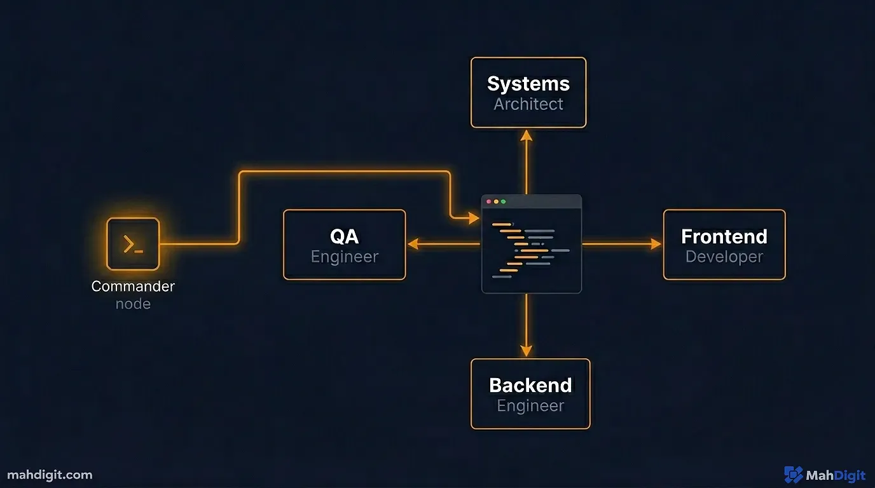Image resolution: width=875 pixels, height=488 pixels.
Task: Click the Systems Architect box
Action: tap(528, 93)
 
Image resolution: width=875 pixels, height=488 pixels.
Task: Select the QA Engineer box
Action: tap(344, 245)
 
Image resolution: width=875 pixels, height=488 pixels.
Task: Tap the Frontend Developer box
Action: tap(724, 245)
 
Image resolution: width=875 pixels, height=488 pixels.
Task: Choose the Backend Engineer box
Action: tap(530, 394)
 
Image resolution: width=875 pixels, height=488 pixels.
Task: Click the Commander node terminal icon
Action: tap(133, 244)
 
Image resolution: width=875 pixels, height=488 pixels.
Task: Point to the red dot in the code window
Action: tap(488, 202)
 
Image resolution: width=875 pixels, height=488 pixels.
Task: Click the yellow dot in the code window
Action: tap(496, 202)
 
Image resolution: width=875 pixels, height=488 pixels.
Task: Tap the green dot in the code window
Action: tap(504, 202)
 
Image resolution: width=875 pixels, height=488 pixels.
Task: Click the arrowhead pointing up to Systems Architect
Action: tap(526, 135)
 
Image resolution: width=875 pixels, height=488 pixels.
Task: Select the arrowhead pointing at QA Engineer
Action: tap(413, 243)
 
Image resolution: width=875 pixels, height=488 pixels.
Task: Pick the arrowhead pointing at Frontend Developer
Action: tap(656, 243)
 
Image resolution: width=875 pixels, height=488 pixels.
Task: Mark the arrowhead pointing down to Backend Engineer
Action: tap(526, 351)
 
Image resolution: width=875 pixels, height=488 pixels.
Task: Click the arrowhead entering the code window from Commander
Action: tap(474, 219)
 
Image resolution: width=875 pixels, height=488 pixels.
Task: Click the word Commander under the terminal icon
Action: tap(133, 286)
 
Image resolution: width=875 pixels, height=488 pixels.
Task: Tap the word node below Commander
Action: tap(133, 304)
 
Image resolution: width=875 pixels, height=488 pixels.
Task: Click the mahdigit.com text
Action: tap(49, 475)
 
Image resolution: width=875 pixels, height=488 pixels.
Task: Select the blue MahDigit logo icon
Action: tap(793, 475)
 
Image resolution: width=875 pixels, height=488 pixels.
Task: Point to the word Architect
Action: tap(528, 104)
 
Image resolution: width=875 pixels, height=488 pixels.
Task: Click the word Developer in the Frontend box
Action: tap(724, 257)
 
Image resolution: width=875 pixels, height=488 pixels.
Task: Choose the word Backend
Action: tap(530, 385)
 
